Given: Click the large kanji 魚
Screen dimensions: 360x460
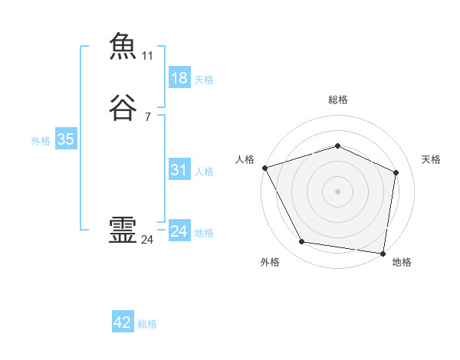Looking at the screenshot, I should pos(123,46).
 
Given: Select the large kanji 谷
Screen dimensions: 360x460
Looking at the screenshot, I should pos(123,106).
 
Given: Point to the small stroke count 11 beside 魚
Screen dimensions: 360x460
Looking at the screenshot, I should pos(147,56).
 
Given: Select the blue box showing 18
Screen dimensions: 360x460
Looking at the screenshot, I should pos(179,78).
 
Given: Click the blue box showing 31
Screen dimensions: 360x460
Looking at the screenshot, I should pos(179,170).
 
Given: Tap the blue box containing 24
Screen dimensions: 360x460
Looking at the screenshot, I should pos(179,231).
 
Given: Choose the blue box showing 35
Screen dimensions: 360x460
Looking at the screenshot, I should pos(65,139).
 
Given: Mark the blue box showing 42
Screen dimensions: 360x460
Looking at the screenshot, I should pos(123,323).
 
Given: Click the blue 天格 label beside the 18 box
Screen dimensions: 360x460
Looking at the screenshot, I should pos(204,79).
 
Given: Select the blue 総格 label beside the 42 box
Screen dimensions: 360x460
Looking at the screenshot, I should pos(147,324).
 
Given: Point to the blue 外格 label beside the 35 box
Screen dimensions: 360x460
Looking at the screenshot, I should pos(41,140).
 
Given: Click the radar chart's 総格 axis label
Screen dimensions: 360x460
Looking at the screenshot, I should pos(337,100).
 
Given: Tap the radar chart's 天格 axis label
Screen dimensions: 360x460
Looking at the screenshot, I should pos(432,159).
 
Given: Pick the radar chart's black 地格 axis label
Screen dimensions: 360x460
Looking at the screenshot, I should pos(402,262).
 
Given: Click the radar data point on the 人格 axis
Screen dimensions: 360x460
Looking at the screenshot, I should pos(264,167).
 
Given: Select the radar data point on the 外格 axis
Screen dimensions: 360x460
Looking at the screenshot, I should pos(302,243).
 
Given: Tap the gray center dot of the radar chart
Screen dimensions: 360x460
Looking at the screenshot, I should pos(337,191).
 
